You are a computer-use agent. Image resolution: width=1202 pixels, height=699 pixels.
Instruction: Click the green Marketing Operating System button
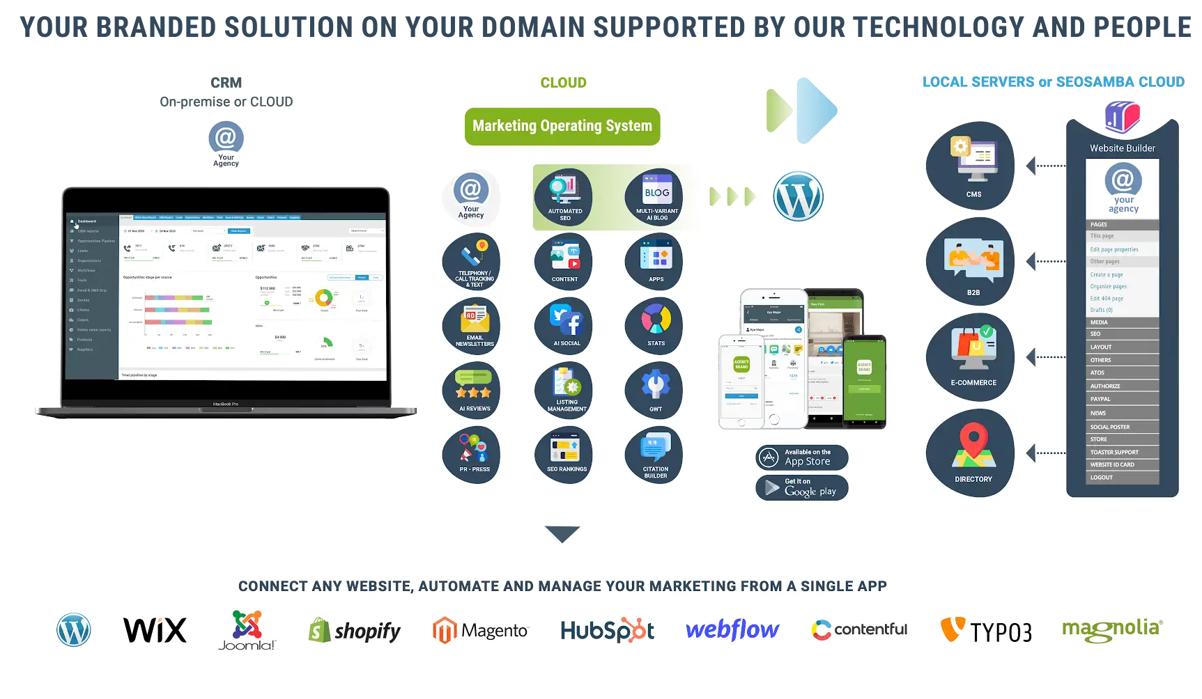[562, 126]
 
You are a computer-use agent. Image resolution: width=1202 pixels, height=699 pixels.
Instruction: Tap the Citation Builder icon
[655, 455]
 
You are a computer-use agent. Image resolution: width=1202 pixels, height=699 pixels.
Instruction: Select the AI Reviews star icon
[472, 390]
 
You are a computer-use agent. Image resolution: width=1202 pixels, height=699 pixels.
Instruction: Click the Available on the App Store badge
[802, 457]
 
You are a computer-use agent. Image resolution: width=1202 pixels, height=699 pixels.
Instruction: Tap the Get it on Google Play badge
[802, 487]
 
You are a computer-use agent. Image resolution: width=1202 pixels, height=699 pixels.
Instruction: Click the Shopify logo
[355, 631]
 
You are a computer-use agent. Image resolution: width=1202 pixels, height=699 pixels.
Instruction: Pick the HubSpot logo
[608, 631]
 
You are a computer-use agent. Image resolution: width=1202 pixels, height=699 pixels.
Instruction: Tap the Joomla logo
[247, 631]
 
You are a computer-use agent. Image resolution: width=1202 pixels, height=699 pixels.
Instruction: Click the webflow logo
[732, 630]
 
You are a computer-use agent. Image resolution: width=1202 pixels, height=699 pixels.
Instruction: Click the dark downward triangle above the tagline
[562, 534]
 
